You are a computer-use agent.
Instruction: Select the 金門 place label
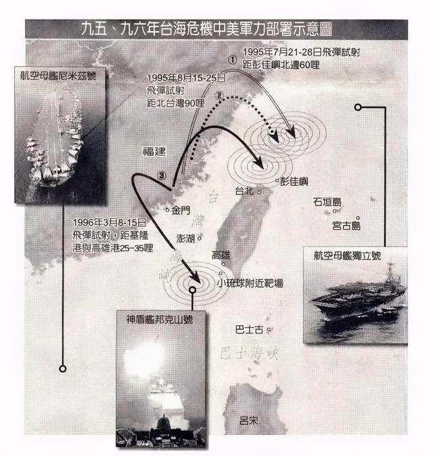[x=182, y=210]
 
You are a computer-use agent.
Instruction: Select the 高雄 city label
[x=221, y=255]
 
